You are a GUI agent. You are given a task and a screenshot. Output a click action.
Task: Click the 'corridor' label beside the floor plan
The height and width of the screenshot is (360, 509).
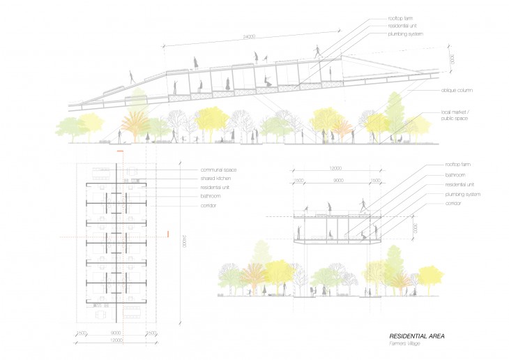pyautogui.click(x=208, y=206)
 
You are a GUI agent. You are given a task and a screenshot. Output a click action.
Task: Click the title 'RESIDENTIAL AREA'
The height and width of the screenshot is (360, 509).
pyautogui.click(x=417, y=336)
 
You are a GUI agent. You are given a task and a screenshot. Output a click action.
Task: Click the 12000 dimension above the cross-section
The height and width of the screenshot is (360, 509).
pyautogui.click(x=337, y=169)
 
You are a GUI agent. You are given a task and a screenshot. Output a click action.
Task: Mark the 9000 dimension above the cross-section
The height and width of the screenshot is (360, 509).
pyautogui.click(x=337, y=180)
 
